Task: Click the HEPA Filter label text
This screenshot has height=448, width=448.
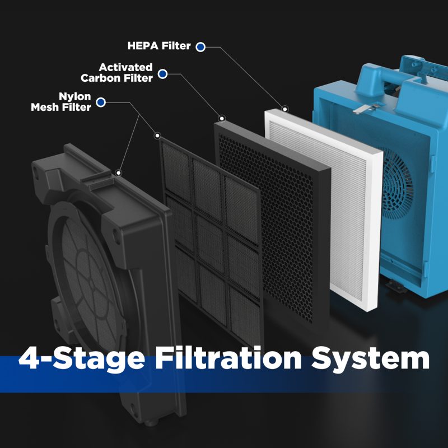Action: pos(159,46)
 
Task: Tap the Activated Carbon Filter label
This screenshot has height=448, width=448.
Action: pos(117,73)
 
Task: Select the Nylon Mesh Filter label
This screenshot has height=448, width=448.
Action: pos(61,102)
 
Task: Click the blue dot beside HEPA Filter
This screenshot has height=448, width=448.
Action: pos(200,47)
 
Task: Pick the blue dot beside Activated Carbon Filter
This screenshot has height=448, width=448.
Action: pos(162,74)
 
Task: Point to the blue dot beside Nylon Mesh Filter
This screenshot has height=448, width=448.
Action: pos(101,102)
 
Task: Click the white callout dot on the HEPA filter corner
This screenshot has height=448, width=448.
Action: pos(285,109)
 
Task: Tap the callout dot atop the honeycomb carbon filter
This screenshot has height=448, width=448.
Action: pos(222,118)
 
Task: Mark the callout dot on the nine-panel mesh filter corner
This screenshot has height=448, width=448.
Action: pos(157,136)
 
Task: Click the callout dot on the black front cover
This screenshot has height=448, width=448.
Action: pos(118,172)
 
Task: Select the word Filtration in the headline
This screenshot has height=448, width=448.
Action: pos(228,358)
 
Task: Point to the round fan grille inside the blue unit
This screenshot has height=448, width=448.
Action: pos(397,183)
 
